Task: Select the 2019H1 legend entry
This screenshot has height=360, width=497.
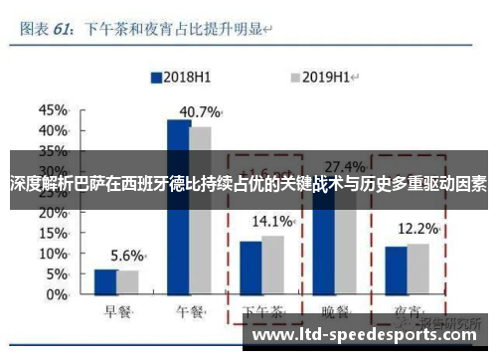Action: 325,76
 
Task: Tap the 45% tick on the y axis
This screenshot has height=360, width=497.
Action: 53,108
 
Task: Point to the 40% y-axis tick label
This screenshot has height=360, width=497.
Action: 53,130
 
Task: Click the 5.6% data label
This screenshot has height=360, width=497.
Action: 126,255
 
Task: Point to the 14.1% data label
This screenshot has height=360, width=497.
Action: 271,221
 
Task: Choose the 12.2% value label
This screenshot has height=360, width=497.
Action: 416,229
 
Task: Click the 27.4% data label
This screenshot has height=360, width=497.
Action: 344,166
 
